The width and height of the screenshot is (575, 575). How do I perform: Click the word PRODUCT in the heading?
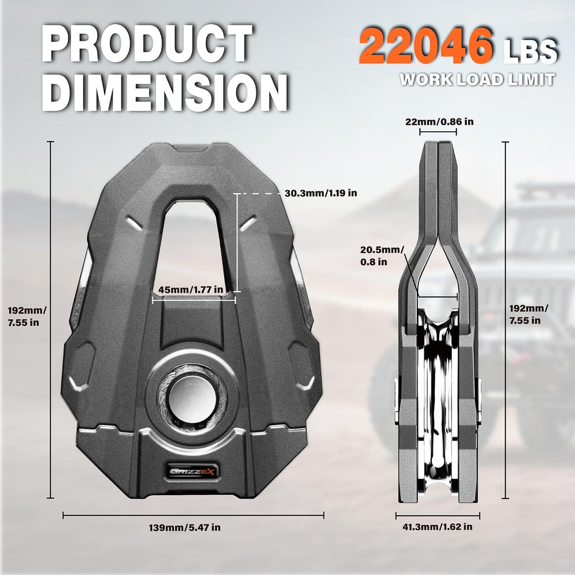click(x=147, y=43)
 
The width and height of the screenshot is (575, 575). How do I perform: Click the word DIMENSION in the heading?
click(x=165, y=92)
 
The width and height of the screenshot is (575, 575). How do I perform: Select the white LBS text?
click(x=530, y=51)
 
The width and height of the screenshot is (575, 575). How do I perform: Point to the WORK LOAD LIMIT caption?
click(x=477, y=79)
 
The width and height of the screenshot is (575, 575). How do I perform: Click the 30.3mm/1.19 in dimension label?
click(x=321, y=193)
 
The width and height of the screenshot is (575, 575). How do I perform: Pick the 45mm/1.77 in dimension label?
click(x=191, y=290)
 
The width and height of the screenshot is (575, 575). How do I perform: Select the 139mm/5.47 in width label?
click(x=185, y=528)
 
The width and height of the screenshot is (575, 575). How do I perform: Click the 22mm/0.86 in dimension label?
click(x=439, y=122)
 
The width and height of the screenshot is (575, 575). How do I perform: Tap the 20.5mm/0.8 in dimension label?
click(x=382, y=256)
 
